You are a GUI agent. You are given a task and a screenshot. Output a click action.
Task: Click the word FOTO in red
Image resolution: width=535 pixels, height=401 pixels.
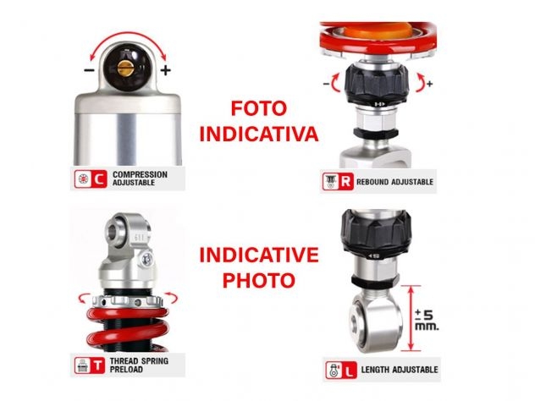pos(259,108)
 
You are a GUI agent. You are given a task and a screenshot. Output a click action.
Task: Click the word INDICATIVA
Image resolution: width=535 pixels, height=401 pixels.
pos(259,134)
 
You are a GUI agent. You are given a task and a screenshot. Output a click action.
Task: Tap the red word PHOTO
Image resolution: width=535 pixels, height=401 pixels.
pos(259,280)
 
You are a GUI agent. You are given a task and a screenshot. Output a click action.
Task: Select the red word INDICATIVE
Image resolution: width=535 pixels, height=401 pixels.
pos(259,255)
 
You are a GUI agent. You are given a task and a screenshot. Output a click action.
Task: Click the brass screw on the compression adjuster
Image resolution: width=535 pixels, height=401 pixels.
pos(124,68)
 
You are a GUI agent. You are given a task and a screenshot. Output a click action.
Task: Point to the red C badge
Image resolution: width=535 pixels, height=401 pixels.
pos(99,179)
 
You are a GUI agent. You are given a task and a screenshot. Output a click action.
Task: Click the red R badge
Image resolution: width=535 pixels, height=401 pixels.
pos(345,181)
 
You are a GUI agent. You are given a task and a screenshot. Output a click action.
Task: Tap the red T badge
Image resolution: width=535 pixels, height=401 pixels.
pos(98,365)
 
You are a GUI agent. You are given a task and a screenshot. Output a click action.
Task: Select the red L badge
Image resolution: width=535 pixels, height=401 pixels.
pos(349,371)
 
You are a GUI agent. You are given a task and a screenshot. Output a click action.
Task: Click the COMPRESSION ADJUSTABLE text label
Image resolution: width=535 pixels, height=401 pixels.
pos(140,179)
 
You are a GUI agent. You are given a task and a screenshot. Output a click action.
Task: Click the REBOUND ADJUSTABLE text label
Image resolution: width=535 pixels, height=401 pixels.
pos(394,182)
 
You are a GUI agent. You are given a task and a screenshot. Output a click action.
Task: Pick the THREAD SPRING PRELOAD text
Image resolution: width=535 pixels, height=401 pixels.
pos(139,365)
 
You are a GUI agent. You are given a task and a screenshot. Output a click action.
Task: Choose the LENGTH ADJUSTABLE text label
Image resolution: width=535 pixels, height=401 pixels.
pos(400,370)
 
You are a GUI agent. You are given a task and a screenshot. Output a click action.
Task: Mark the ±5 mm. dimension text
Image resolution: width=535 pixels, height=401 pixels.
pos(427,320)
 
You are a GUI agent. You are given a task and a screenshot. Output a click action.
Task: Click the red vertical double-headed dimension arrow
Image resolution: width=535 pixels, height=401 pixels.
pos(411,318)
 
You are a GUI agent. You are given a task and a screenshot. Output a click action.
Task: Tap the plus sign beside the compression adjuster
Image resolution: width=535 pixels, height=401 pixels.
pos(165,70)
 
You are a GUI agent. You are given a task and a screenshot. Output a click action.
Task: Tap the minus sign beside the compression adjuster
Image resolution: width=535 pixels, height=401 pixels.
pos(89,70)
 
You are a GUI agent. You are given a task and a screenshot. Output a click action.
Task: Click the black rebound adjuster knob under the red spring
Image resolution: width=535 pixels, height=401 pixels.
pos(377,85)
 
